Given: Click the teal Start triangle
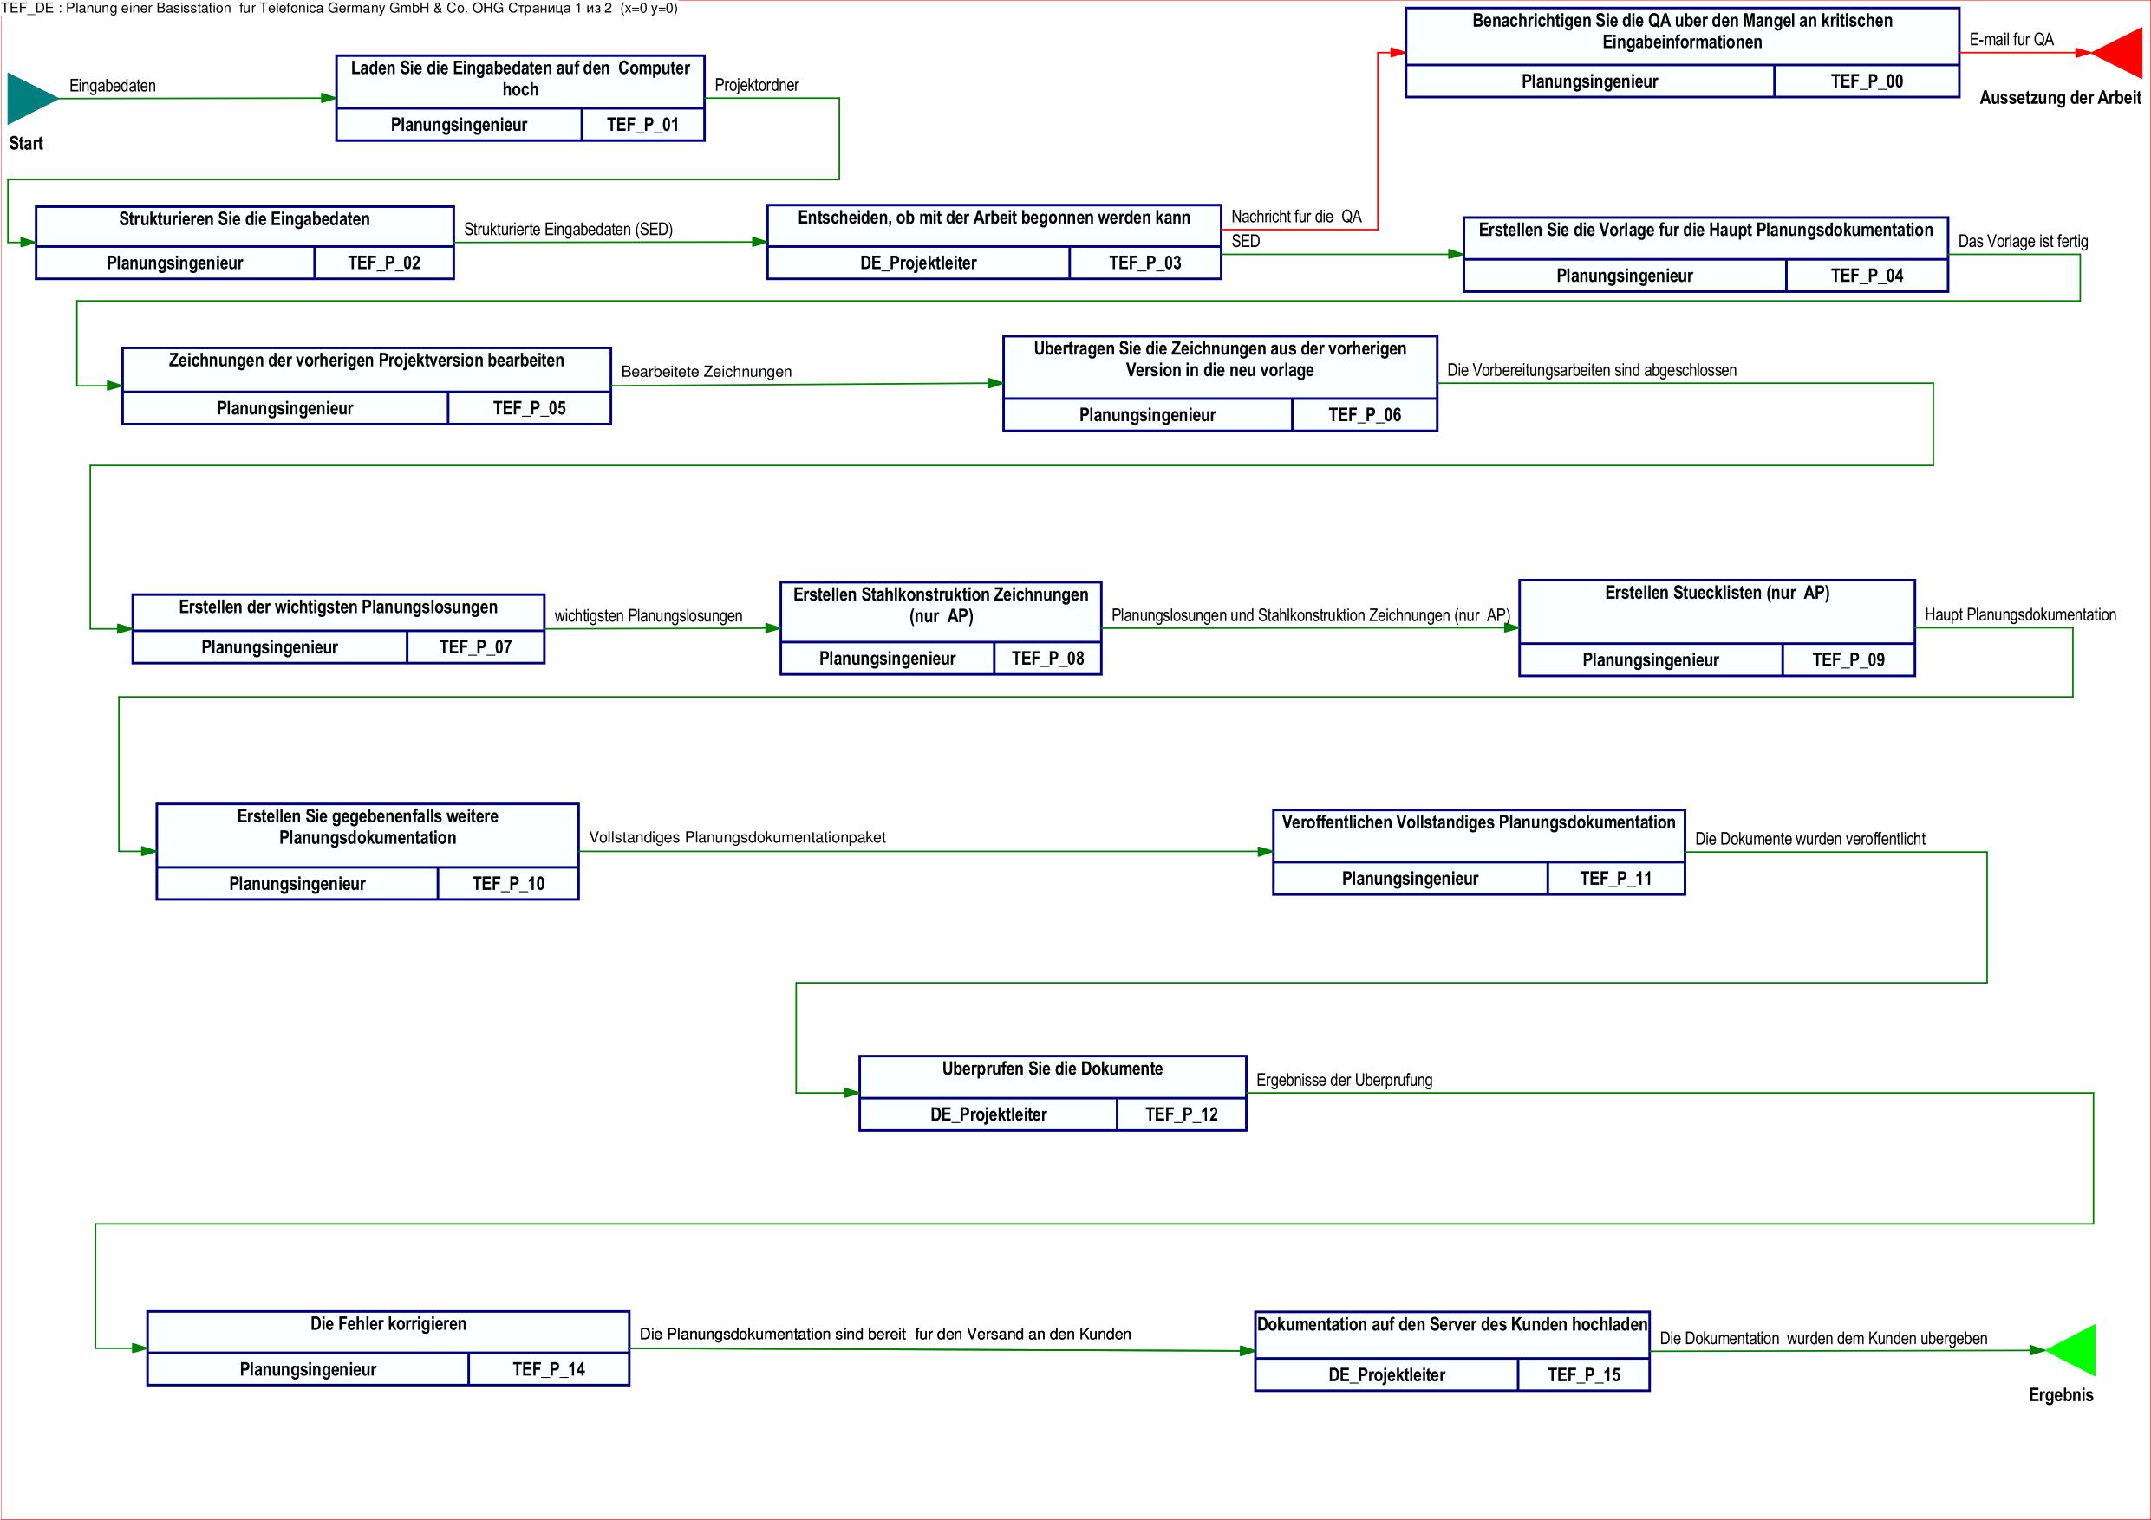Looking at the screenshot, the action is (28, 98).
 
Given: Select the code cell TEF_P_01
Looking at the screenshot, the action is (642, 125).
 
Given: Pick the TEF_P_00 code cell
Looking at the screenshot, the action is (1867, 81).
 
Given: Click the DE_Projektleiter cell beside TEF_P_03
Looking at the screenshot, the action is (918, 263).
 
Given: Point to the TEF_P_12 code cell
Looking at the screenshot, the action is (1182, 1114).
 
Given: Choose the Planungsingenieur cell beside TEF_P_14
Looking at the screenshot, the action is (309, 1369).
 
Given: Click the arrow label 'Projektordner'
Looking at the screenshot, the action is (757, 85).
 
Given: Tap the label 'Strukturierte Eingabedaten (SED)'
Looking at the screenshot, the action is (569, 230).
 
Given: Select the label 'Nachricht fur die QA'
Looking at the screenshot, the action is (1297, 217).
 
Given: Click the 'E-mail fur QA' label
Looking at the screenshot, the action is (2011, 39).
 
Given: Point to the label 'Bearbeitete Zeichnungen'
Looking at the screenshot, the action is (707, 372).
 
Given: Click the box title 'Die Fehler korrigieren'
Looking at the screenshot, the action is (388, 1323).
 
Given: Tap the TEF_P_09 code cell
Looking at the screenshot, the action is (1848, 660).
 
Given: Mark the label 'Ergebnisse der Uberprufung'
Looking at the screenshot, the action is (1345, 1080).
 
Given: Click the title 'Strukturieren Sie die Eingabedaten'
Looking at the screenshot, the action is (244, 219).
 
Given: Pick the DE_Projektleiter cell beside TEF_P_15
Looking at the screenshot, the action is (1386, 1374).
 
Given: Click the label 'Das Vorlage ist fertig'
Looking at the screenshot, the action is (2023, 242).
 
